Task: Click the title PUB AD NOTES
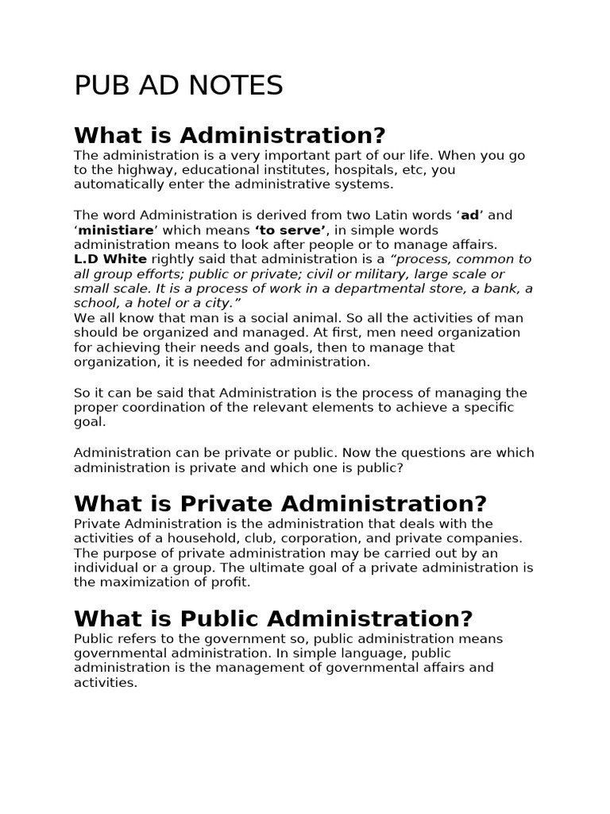click(x=179, y=86)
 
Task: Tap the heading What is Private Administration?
click(x=280, y=503)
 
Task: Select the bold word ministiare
click(x=116, y=230)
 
